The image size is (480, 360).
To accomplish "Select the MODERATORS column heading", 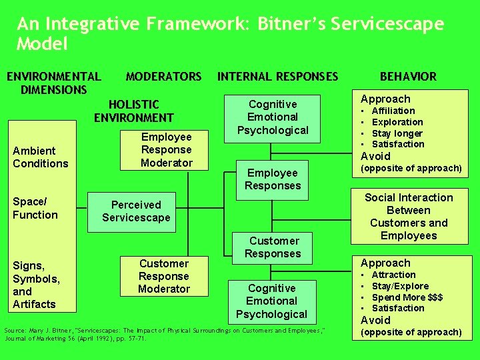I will click(163, 77).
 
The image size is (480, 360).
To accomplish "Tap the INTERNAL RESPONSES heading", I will click(278, 77).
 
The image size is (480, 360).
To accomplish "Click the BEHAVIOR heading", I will click(408, 77).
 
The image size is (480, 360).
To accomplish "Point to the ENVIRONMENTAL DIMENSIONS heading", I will click(53, 83).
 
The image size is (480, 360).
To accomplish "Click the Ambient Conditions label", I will click(40, 157).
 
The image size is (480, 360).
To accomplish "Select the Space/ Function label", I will click(35, 208).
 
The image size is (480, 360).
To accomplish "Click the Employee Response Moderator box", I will click(166, 150).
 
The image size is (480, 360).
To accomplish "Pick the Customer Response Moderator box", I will click(164, 277).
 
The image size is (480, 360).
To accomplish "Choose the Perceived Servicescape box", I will click(136, 211).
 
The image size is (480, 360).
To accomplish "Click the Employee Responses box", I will click(273, 179).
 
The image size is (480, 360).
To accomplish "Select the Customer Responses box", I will click(273, 247).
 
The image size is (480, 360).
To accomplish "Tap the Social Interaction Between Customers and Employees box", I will click(409, 217).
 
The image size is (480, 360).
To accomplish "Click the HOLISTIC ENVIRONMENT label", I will click(134, 111).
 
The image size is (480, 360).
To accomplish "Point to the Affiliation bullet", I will click(393, 111).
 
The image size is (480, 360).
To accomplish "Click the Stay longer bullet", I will click(397, 133).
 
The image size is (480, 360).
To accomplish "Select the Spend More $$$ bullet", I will click(407, 297).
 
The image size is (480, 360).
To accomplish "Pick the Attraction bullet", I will click(393, 275).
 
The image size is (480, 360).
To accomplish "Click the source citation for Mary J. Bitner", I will click(165, 334).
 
